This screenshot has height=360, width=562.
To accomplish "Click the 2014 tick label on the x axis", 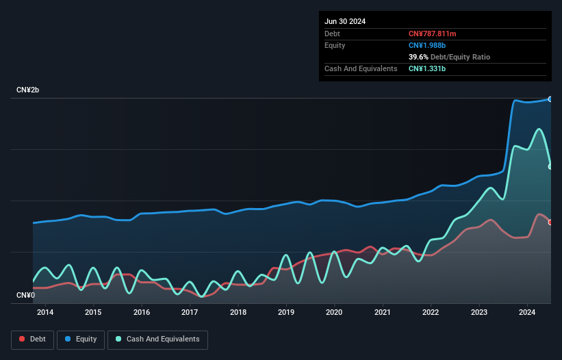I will [x=45, y=313].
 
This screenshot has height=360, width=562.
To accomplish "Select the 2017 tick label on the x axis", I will [x=190, y=313].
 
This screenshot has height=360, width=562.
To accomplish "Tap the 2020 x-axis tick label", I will [x=334, y=313].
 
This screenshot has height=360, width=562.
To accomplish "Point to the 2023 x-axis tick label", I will [x=479, y=313].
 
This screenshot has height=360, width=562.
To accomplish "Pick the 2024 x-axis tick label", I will [x=527, y=313].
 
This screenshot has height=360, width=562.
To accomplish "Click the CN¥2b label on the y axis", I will [x=28, y=90].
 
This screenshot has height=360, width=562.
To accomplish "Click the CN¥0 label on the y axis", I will [x=26, y=295].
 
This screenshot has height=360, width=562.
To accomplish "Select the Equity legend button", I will [x=81, y=339].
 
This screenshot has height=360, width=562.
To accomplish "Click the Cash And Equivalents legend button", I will [x=157, y=339].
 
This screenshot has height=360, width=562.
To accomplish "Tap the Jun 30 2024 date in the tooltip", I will [x=345, y=21].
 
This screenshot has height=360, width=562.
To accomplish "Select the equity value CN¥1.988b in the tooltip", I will [x=427, y=45].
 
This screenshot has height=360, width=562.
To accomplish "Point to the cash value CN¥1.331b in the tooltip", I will [x=427, y=69].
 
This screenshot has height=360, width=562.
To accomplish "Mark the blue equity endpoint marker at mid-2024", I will [x=550, y=99].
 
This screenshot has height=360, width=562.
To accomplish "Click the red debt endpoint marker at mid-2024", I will [x=550, y=222].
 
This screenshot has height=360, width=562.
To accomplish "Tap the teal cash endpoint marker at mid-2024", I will [x=550, y=166].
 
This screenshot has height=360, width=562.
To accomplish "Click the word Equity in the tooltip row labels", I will [x=335, y=45].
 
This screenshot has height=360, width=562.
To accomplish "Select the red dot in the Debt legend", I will [x=22, y=339].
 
